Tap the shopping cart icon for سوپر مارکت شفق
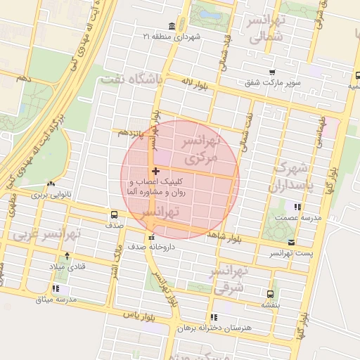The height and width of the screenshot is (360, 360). click(271, 71)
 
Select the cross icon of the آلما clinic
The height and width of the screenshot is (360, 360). click(155, 172)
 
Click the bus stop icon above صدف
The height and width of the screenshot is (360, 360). click(114, 215)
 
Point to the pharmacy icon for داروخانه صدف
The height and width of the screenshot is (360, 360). click(150, 236)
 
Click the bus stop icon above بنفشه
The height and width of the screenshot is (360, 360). click(270, 294)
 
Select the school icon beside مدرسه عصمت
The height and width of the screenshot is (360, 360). click(298, 207)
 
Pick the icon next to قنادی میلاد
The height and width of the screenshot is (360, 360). click(67, 257)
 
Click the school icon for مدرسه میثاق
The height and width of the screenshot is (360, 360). click(56, 289)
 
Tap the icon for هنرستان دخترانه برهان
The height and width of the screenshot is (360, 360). click(214, 317)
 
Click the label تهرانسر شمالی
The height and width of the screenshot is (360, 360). click(264, 28)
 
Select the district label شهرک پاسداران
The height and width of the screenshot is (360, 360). click(289, 177)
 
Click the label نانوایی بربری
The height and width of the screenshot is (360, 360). click(50, 194)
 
